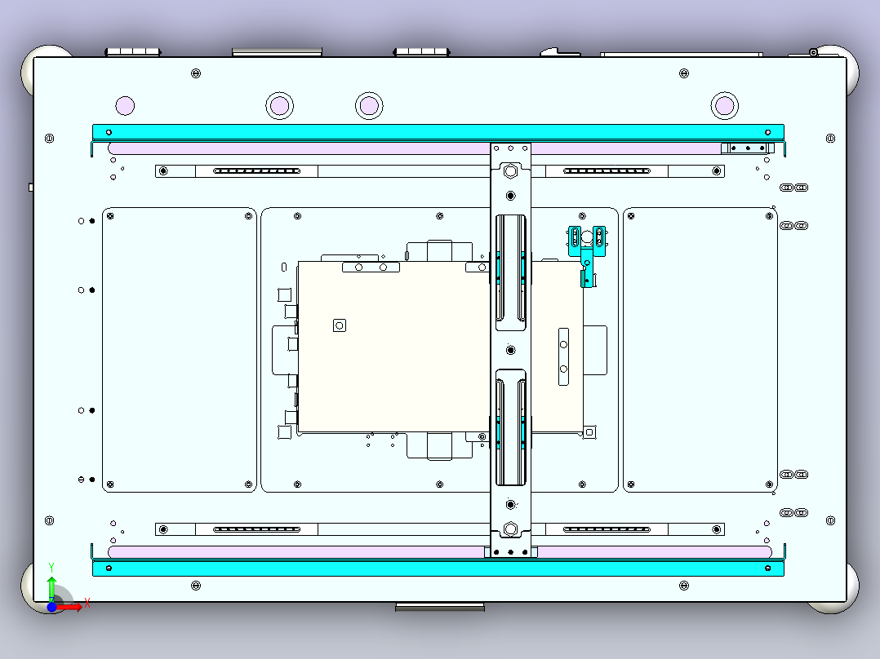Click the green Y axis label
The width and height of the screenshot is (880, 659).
click(x=51, y=568)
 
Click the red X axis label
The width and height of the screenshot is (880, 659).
click(x=87, y=604)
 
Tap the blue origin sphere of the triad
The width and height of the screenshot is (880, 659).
click(x=51, y=607)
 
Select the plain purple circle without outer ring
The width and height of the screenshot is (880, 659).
click(x=125, y=105)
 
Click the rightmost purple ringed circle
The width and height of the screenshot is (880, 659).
click(x=725, y=105)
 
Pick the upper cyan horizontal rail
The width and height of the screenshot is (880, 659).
click(x=438, y=132)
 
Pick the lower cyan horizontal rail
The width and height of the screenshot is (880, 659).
click(x=438, y=568)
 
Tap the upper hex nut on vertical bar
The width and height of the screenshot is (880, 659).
click(x=510, y=171)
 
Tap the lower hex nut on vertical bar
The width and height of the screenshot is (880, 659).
click(x=510, y=529)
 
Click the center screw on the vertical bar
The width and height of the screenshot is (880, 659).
click(x=511, y=350)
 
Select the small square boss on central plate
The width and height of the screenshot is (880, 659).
click(x=340, y=325)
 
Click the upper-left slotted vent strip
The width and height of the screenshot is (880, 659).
click(x=257, y=171)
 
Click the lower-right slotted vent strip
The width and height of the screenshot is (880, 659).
click(x=607, y=529)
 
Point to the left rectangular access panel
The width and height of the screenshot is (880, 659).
click(x=180, y=350)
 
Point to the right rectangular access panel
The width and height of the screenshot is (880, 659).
click(x=700, y=350)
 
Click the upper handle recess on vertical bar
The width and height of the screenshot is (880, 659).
click(x=511, y=272)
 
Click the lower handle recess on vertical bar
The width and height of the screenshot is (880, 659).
click(x=511, y=427)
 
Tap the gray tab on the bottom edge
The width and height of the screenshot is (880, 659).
click(x=440, y=607)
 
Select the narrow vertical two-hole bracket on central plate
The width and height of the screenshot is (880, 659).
click(x=563, y=356)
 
